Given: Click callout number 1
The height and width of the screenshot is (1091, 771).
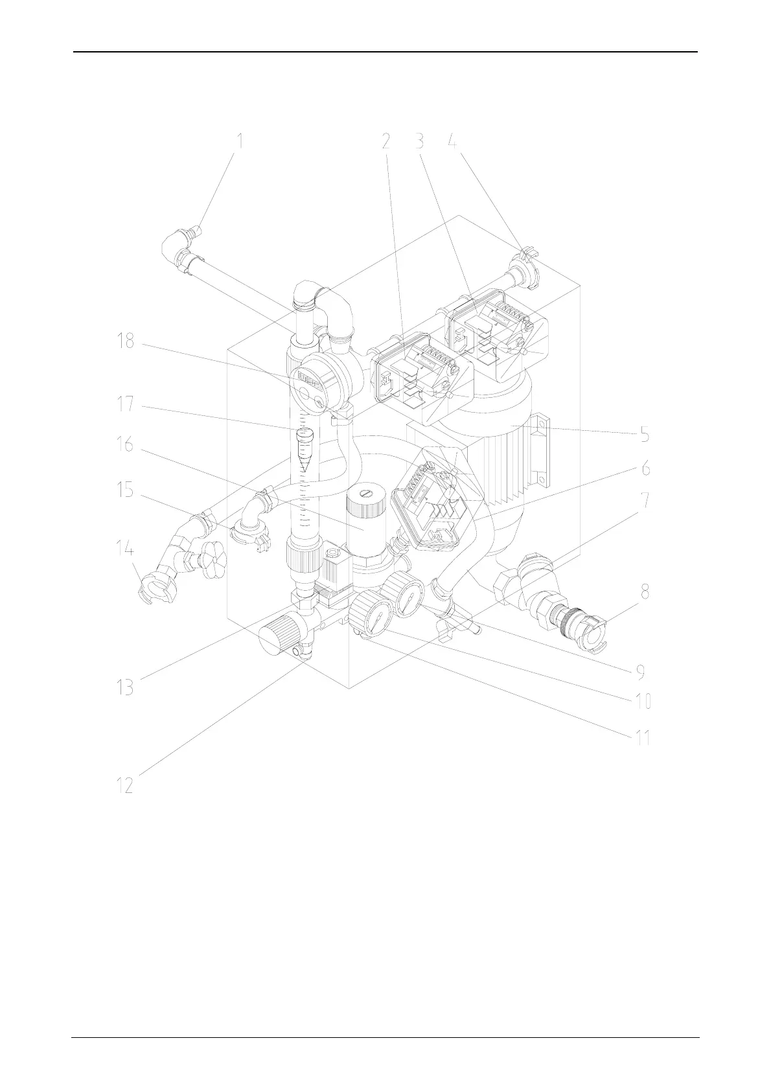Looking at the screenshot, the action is pyautogui.click(x=240, y=141).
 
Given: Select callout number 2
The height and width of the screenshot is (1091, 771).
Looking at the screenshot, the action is pyautogui.click(x=386, y=141).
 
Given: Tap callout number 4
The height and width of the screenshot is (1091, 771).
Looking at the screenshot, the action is pyautogui.click(x=453, y=141).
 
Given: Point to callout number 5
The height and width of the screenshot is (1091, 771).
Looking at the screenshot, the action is pyautogui.click(x=645, y=433).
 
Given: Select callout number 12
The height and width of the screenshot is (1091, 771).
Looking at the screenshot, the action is pyautogui.click(x=124, y=785).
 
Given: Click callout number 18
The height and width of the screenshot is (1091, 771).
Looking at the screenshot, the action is pyautogui.click(x=124, y=340).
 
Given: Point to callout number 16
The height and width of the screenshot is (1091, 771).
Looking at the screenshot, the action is pyautogui.click(x=124, y=444).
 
